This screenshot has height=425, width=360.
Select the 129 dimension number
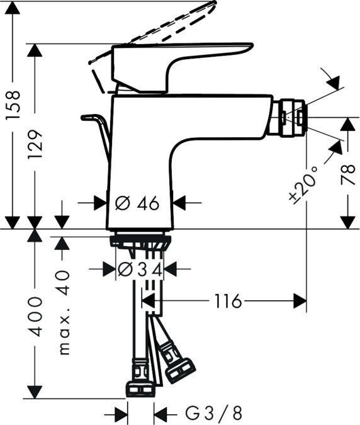click(35, 144)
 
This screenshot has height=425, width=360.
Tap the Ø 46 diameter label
click(137, 203)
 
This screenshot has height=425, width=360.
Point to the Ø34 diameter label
click(140, 269)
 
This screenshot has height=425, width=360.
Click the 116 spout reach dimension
click(227, 302)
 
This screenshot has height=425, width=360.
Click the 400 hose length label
click(37, 315)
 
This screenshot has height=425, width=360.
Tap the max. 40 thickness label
click(64, 312)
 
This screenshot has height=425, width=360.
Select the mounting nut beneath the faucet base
click(140, 241)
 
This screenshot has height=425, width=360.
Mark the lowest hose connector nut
click(140, 388)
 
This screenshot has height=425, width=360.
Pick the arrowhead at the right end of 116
click(300, 302)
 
